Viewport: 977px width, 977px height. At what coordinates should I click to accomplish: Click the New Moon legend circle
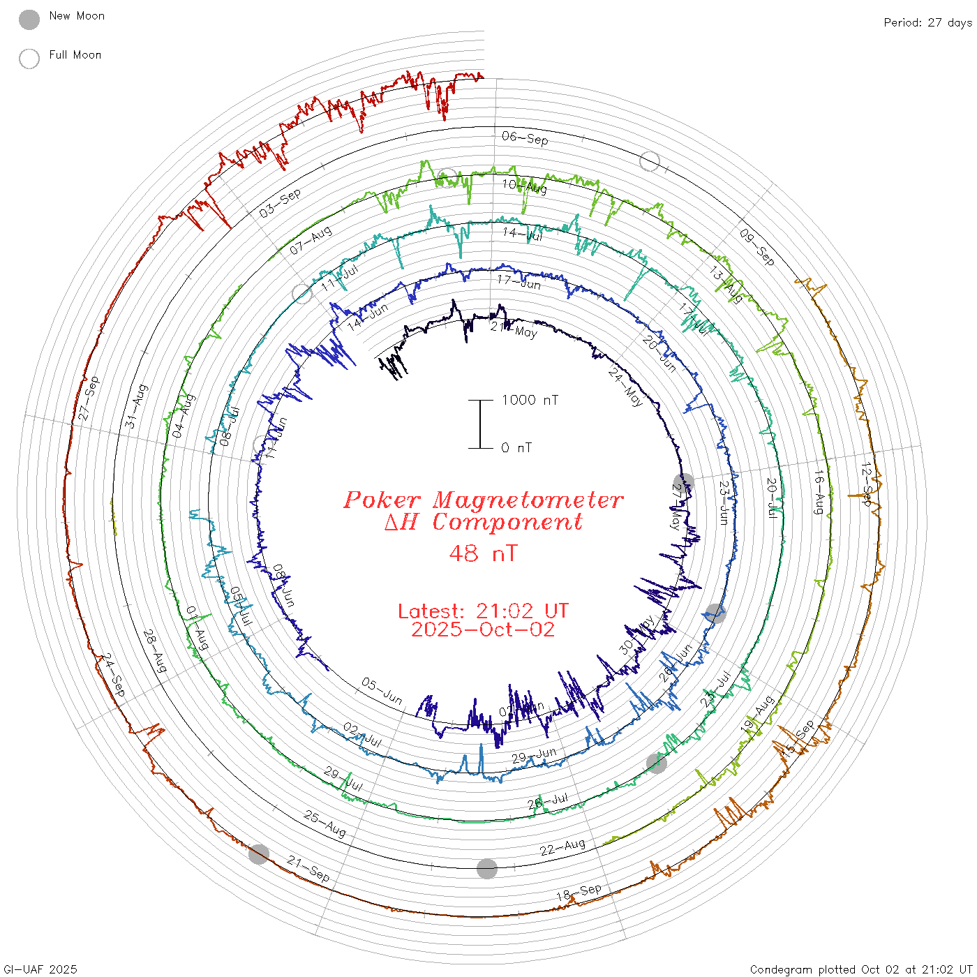(x=29, y=20)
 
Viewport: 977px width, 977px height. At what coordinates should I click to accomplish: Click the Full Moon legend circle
(x=29, y=59)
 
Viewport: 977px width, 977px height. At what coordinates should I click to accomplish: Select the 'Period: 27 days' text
(x=927, y=23)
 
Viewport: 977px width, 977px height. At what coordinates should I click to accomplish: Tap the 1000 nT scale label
(x=530, y=400)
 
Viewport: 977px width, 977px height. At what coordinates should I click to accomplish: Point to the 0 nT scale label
(x=516, y=448)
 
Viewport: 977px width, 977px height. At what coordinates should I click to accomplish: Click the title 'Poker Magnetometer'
(x=483, y=500)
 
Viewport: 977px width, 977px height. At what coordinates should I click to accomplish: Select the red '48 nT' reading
(x=483, y=553)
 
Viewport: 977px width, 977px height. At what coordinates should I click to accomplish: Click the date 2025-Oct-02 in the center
(x=483, y=629)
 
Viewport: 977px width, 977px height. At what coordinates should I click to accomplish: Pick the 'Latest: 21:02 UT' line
(x=483, y=611)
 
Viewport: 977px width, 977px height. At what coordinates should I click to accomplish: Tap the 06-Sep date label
(x=525, y=138)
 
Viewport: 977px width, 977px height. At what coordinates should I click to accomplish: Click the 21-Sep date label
(x=308, y=869)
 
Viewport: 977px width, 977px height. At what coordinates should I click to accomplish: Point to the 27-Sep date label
(x=89, y=398)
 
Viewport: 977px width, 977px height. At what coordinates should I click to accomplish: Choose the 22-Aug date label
(x=562, y=847)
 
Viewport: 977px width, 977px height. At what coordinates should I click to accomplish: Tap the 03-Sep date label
(x=280, y=202)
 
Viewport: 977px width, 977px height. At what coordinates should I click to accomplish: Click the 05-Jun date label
(x=382, y=691)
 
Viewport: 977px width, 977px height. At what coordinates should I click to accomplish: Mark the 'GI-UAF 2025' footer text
(x=40, y=969)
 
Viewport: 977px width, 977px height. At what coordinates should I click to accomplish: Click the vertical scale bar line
(x=480, y=424)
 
